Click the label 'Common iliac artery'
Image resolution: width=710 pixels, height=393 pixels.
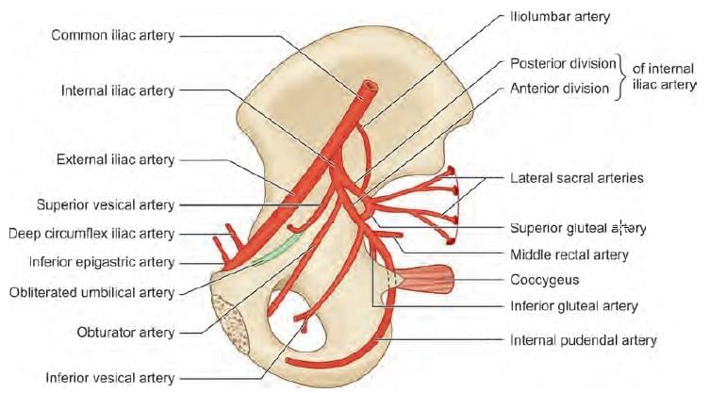click(112, 35)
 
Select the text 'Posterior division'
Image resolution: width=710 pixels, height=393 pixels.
click(562, 64)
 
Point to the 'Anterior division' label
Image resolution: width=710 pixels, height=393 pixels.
click(559, 89)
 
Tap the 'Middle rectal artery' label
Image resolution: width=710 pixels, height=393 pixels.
click(569, 254)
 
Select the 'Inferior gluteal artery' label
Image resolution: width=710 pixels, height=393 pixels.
click(573, 305)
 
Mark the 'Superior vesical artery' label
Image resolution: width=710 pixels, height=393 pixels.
click(106, 204)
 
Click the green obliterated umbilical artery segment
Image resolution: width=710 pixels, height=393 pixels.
click(278, 249)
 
